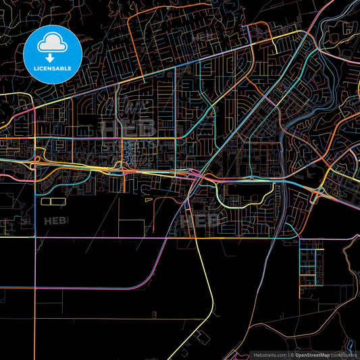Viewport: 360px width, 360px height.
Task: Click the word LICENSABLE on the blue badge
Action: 53,69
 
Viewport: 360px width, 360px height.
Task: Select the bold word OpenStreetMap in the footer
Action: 315,354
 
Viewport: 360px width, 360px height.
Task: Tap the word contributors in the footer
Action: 344,354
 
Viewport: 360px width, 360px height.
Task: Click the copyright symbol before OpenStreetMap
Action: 292,354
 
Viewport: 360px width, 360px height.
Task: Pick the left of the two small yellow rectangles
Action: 46,201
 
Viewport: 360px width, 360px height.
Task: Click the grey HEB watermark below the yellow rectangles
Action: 55,220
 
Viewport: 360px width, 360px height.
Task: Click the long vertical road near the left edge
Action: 34,270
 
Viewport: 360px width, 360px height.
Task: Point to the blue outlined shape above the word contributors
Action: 347,343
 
